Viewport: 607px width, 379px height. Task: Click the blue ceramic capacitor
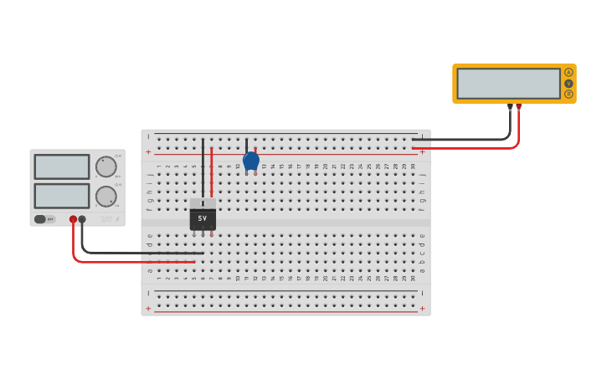tap(250, 160)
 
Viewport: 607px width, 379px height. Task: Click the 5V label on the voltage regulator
tap(203, 218)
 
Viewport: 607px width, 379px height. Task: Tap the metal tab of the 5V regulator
tap(203, 203)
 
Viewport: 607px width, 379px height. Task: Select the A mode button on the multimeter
tap(569, 72)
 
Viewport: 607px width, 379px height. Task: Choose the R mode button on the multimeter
tap(569, 95)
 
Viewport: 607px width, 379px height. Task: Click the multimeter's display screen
tap(509, 84)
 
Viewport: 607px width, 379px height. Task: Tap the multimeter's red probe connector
tap(518, 106)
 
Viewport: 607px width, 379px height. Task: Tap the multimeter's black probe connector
tap(510, 106)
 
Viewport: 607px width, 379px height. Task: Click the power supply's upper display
tap(62, 166)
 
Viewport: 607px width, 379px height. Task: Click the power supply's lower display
tap(62, 196)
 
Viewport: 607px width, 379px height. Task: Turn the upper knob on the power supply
tap(105, 166)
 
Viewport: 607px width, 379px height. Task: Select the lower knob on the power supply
tap(105, 197)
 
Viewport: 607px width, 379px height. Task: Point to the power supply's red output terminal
tap(73, 219)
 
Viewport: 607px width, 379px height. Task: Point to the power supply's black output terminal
tap(82, 219)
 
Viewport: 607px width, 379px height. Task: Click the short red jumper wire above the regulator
tap(212, 172)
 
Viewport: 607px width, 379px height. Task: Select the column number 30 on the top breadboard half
tap(413, 166)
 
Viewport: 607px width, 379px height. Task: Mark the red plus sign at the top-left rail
tap(149, 152)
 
